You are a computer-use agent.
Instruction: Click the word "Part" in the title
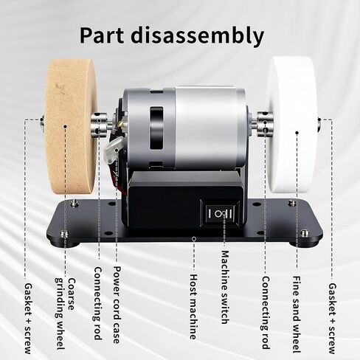click(101, 36)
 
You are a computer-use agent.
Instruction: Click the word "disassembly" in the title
click(197, 36)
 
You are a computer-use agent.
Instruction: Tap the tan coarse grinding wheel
click(71, 126)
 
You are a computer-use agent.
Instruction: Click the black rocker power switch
click(220, 213)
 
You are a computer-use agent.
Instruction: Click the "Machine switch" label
click(224, 287)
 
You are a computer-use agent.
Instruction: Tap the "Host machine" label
click(193, 307)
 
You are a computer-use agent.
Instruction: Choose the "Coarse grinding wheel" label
click(64, 314)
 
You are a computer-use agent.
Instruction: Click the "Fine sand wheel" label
click(296, 314)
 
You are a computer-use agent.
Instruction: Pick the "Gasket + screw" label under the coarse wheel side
click(28, 319)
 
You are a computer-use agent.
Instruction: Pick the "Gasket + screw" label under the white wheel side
click(332, 319)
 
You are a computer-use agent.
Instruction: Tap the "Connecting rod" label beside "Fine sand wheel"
click(266, 313)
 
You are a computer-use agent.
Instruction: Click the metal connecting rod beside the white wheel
click(263, 124)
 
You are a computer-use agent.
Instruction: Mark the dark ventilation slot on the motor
click(156, 128)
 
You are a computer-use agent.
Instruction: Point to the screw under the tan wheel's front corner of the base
click(64, 234)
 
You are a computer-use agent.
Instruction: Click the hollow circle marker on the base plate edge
click(194, 238)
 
